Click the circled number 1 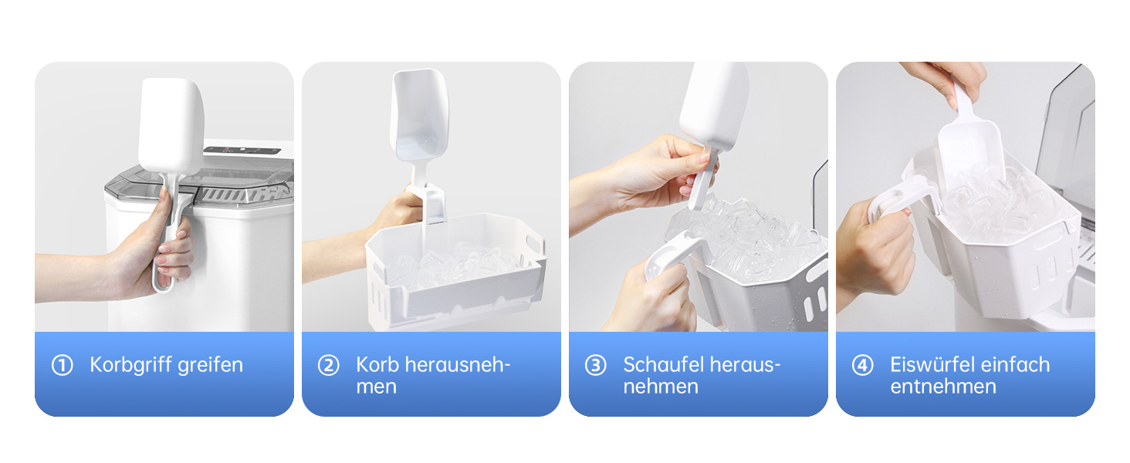click(x=62, y=365)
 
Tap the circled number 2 click(x=328, y=365)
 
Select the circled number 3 click(x=595, y=365)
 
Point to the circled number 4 click(x=862, y=365)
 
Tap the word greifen click(x=211, y=365)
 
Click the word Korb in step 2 click(x=377, y=365)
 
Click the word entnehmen click(x=943, y=387)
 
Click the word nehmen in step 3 click(x=661, y=387)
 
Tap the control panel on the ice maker click(x=242, y=150)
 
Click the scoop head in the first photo click(x=171, y=126)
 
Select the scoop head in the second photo click(x=418, y=115)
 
